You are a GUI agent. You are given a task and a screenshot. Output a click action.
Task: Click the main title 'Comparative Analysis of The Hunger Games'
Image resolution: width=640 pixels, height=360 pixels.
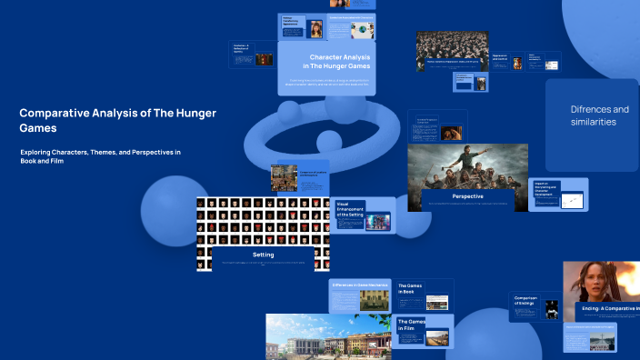click(118, 120)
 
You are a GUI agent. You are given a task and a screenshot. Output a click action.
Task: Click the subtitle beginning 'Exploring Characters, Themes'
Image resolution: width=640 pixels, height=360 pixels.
click(100, 155)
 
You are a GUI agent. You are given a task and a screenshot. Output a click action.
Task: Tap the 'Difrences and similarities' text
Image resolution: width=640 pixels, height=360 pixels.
click(599, 115)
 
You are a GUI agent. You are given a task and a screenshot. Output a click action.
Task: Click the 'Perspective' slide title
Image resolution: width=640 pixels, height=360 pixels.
click(467, 195)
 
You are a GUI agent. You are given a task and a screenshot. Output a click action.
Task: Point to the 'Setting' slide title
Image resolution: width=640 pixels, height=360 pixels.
click(263, 255)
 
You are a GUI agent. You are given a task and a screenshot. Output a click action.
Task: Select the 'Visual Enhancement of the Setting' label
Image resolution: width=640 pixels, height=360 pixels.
click(350, 210)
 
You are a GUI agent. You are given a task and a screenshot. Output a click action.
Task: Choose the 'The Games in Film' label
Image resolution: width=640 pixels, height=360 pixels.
click(411, 325)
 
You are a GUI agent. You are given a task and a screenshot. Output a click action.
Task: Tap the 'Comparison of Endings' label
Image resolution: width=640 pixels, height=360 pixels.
click(527, 301)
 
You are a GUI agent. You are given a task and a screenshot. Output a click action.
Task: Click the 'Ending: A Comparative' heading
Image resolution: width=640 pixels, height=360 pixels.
click(609, 309)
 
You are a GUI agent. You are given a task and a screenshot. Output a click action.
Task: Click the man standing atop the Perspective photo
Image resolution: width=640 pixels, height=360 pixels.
click(466, 159)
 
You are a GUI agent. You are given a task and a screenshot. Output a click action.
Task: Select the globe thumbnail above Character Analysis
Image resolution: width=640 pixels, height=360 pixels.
click(363, 30)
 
